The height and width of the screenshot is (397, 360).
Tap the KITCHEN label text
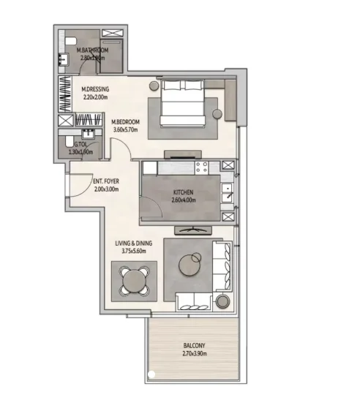coord(184,193)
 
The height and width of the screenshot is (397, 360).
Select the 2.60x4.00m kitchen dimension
coord(184,200)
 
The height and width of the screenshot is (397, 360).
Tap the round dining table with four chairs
coord(132,281)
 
